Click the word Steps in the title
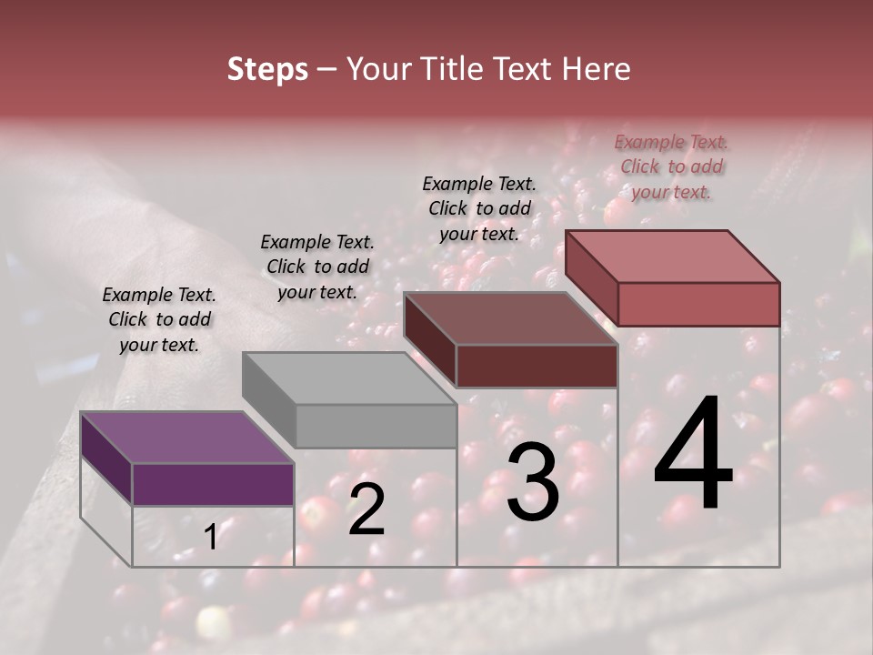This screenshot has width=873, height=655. coord(267,69)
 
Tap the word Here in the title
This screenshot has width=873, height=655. coord(595,69)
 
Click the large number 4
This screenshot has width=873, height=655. coord(694,455)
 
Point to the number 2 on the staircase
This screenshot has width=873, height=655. coord(366,509)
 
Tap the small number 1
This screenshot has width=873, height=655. coord(210,538)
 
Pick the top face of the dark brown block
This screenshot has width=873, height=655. coord(510,318)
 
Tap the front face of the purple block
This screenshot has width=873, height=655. coord(213,484)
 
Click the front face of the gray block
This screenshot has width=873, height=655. coord(376,426)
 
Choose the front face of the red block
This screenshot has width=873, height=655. coord(698,304)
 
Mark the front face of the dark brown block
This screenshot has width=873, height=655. coord(537,367)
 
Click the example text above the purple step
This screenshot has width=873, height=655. coord(159,319)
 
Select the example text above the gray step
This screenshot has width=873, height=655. coord(317,267)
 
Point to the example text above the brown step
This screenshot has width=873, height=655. coord(479,208)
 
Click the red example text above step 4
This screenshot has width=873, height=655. coord(671,166)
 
